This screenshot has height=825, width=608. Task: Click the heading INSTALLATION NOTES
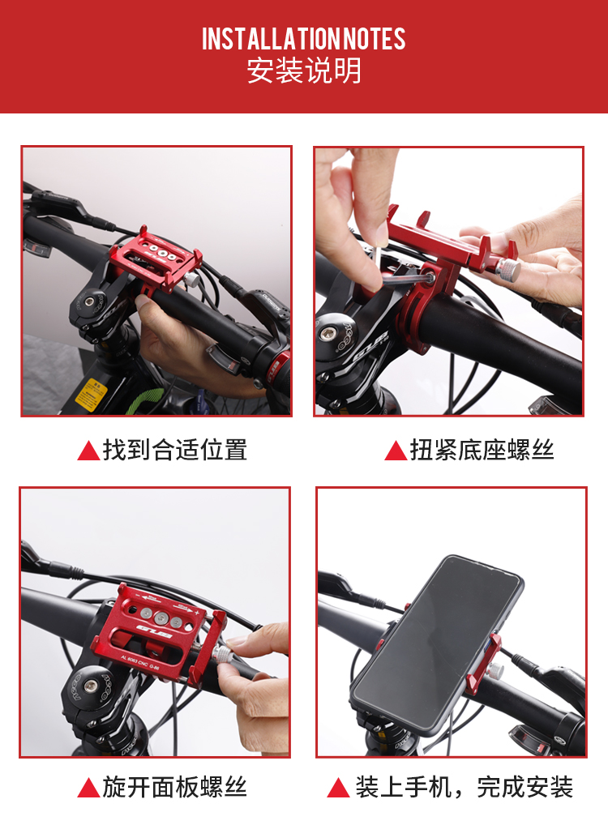pyautogui.click(x=304, y=39)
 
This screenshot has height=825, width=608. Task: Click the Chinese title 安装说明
pyautogui.click(x=304, y=71)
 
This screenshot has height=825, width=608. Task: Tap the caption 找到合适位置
pyautogui.click(x=175, y=450)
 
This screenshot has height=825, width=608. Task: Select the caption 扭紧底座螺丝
pyautogui.click(x=482, y=451)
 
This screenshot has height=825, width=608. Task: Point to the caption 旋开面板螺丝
pyautogui.click(x=175, y=787)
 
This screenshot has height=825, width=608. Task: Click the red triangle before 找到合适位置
pyautogui.click(x=88, y=451)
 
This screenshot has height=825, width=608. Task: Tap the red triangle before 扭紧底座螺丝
pyautogui.click(x=396, y=451)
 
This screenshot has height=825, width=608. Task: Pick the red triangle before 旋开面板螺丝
pyautogui.click(x=88, y=788)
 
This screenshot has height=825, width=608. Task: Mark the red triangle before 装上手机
pyautogui.click(x=339, y=788)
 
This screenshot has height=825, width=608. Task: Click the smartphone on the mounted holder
pyautogui.click(x=436, y=644)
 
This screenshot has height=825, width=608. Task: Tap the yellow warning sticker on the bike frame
pyautogui.click(x=91, y=394)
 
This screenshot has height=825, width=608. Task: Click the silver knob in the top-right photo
pyautogui.click(x=509, y=269)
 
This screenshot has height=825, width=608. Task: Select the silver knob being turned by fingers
pyautogui.click(x=223, y=655)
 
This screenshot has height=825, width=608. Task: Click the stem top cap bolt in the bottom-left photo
pyautogui.click(x=91, y=686)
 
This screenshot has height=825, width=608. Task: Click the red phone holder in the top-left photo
pyautogui.click(x=156, y=262)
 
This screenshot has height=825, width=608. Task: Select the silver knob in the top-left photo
pyautogui.click(x=193, y=279)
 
